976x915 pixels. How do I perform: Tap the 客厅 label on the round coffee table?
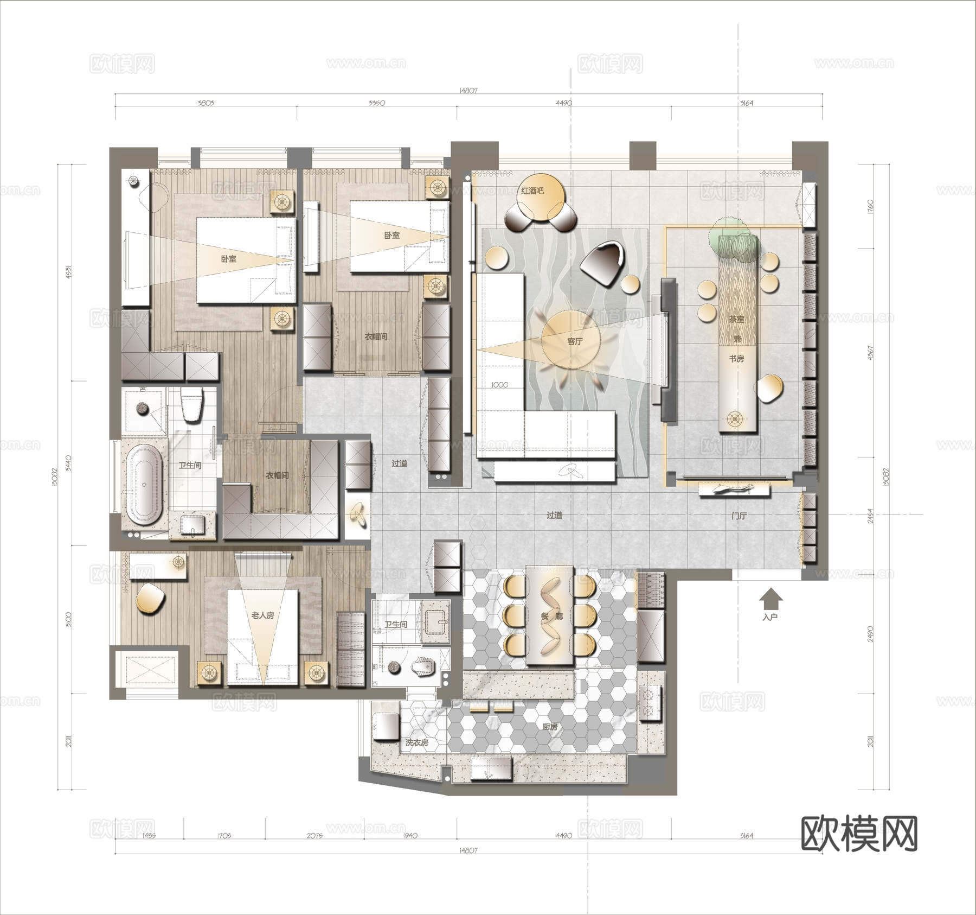tap(574, 341)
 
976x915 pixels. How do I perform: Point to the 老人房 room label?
tap(262, 615)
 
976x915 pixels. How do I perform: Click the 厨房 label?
tap(550, 726)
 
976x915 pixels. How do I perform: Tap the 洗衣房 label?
tap(416, 742)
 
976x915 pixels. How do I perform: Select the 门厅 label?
tap(739, 516)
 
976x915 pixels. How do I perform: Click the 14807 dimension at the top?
tap(468, 91)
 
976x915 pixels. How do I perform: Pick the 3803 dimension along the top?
tap(206, 103)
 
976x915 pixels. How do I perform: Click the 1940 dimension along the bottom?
tap(410, 835)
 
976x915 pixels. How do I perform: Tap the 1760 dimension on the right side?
tap(871, 206)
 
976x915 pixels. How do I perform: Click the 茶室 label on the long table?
tap(736, 320)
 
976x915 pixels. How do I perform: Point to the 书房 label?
tap(736, 359)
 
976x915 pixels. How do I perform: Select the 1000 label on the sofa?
tap(499, 385)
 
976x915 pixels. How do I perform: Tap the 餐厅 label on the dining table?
tap(551, 617)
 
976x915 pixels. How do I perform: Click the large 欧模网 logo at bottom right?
tap(859, 834)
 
